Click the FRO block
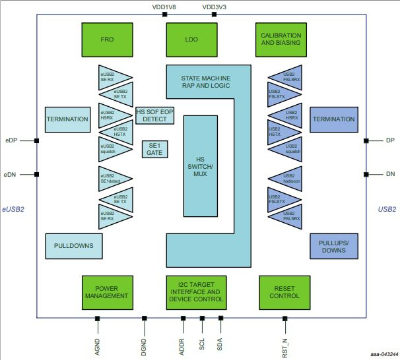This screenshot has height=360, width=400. [x=108, y=39]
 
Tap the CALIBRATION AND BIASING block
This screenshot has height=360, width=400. [x=281, y=39]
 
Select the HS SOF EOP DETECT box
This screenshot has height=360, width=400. [x=154, y=115]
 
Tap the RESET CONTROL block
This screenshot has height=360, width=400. [x=284, y=292]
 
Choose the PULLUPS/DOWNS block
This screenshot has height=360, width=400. [x=333, y=247]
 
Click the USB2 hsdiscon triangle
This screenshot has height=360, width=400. [x=285, y=178]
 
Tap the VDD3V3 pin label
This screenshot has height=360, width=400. [x=215, y=7]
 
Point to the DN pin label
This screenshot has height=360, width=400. [x=389, y=174]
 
